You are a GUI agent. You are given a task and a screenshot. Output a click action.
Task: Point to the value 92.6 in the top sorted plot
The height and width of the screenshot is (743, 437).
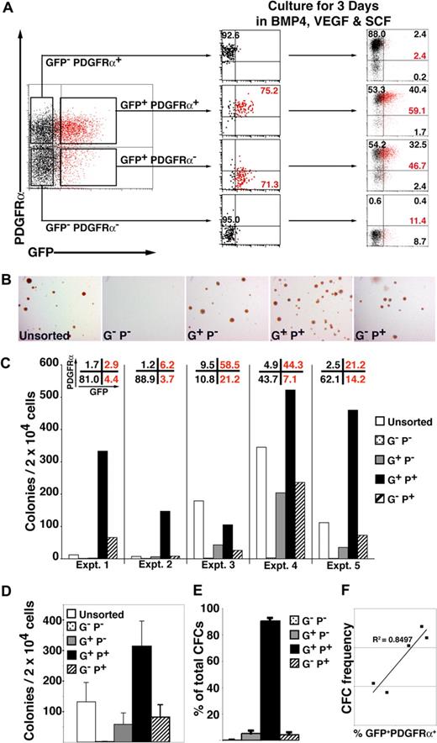(232, 35)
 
